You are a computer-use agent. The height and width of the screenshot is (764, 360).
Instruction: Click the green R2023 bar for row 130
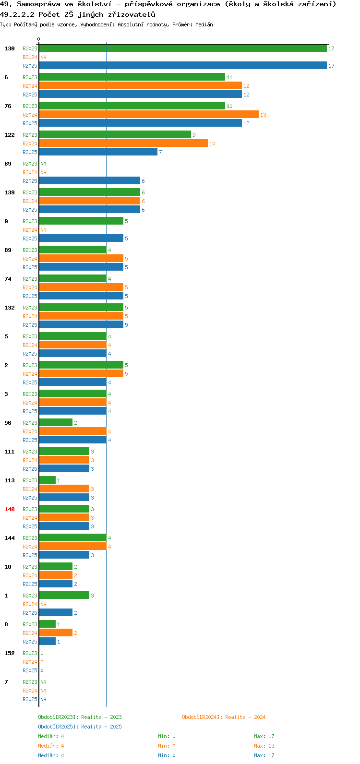[183, 48]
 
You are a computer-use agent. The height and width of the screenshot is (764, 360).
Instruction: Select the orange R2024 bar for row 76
[149, 115]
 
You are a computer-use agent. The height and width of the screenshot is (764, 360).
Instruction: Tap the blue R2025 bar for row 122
[98, 152]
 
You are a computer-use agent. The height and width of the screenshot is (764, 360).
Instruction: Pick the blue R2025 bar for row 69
[90, 181]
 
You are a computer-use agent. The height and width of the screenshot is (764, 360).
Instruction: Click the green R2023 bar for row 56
[56, 423]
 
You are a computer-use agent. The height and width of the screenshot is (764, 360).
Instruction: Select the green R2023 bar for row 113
[48, 480]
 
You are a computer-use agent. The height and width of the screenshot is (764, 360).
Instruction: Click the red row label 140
[10, 509]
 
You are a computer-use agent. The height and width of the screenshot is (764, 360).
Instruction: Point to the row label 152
[10, 653]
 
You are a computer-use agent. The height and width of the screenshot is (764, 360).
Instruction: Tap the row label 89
[8, 250]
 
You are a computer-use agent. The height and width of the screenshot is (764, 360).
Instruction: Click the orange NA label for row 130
[43, 57]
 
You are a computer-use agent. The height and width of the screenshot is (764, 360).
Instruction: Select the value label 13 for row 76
[263, 115]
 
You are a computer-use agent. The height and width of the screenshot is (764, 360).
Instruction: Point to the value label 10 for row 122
[212, 143]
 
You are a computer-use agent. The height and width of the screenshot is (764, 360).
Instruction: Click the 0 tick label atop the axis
[38, 39]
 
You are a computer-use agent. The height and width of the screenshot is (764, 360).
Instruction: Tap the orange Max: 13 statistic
[264, 746]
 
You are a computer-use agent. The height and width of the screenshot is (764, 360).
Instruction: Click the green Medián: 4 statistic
[51, 736]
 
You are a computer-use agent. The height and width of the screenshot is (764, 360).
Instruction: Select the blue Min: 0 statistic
[167, 755]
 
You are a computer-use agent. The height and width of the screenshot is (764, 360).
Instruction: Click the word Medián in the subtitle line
[204, 24]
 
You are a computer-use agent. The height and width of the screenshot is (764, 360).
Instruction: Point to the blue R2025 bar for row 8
[48, 642]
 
